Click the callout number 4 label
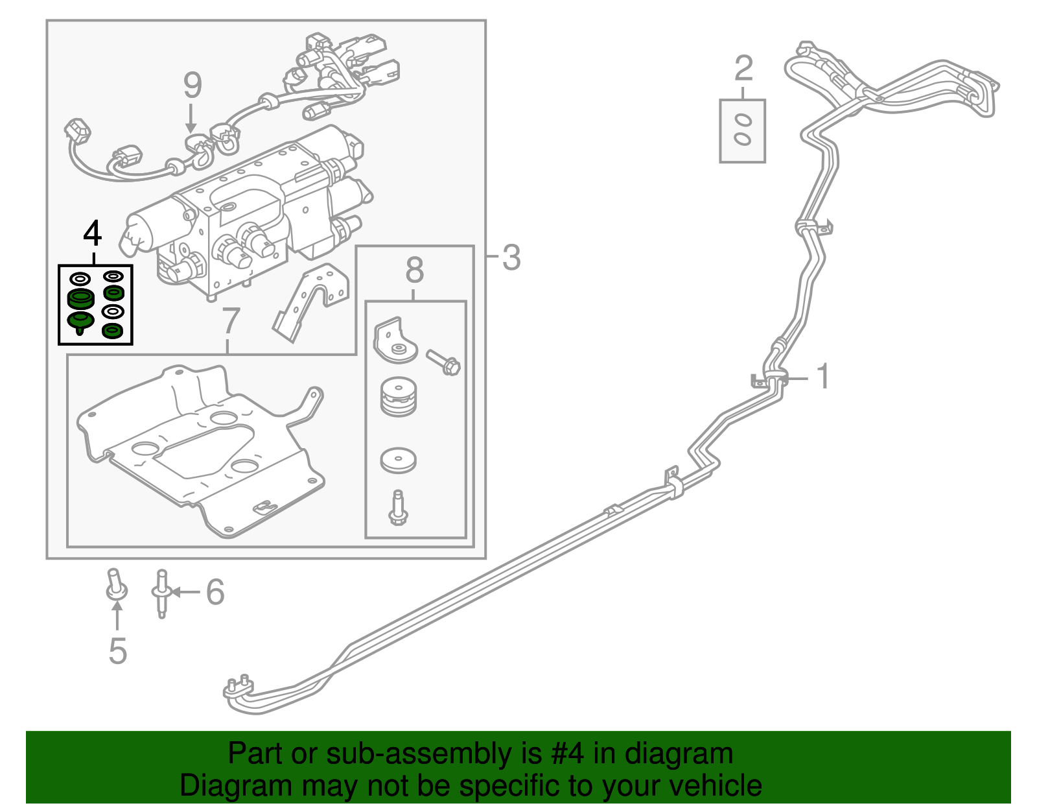point(93,233)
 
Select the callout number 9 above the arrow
point(192,85)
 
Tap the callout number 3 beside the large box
point(511,257)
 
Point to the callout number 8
point(415,270)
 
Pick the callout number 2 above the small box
point(743,68)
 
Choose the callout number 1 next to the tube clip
point(823,377)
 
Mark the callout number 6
point(215,591)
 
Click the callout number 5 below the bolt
point(117,650)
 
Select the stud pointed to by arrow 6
point(161,593)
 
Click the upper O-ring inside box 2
point(743,120)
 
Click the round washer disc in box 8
point(398,459)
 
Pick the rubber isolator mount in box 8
point(398,397)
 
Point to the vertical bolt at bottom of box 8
point(397,508)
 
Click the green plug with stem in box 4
point(80,322)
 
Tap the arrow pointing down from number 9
point(191,119)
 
